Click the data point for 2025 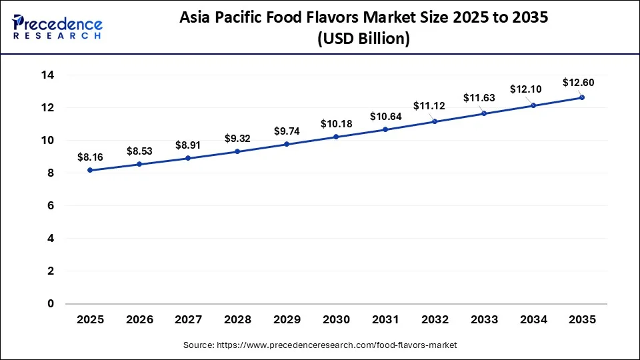click(90, 170)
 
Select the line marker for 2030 click(336, 137)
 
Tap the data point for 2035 click(582, 97)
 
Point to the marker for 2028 click(237, 151)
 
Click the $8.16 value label click(90, 157)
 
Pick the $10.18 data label click(335, 124)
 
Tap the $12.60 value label click(578, 83)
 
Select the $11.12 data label click(429, 106)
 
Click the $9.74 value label click(287, 131)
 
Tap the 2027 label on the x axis click(188, 319)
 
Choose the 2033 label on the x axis click(483, 319)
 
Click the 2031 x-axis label click(385, 319)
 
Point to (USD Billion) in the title click(363, 39)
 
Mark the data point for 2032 click(435, 121)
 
